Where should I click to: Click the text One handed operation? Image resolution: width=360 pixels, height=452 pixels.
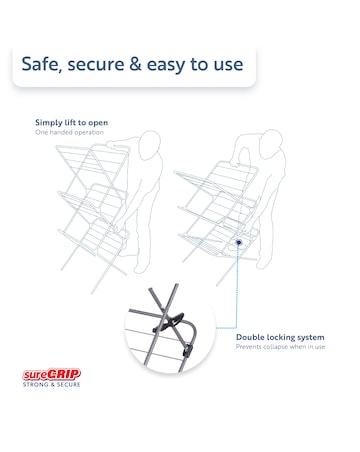tap(69, 132)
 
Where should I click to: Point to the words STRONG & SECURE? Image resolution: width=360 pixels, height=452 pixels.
tap(52, 385)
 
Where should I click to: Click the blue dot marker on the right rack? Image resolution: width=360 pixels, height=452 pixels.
tap(239, 242)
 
